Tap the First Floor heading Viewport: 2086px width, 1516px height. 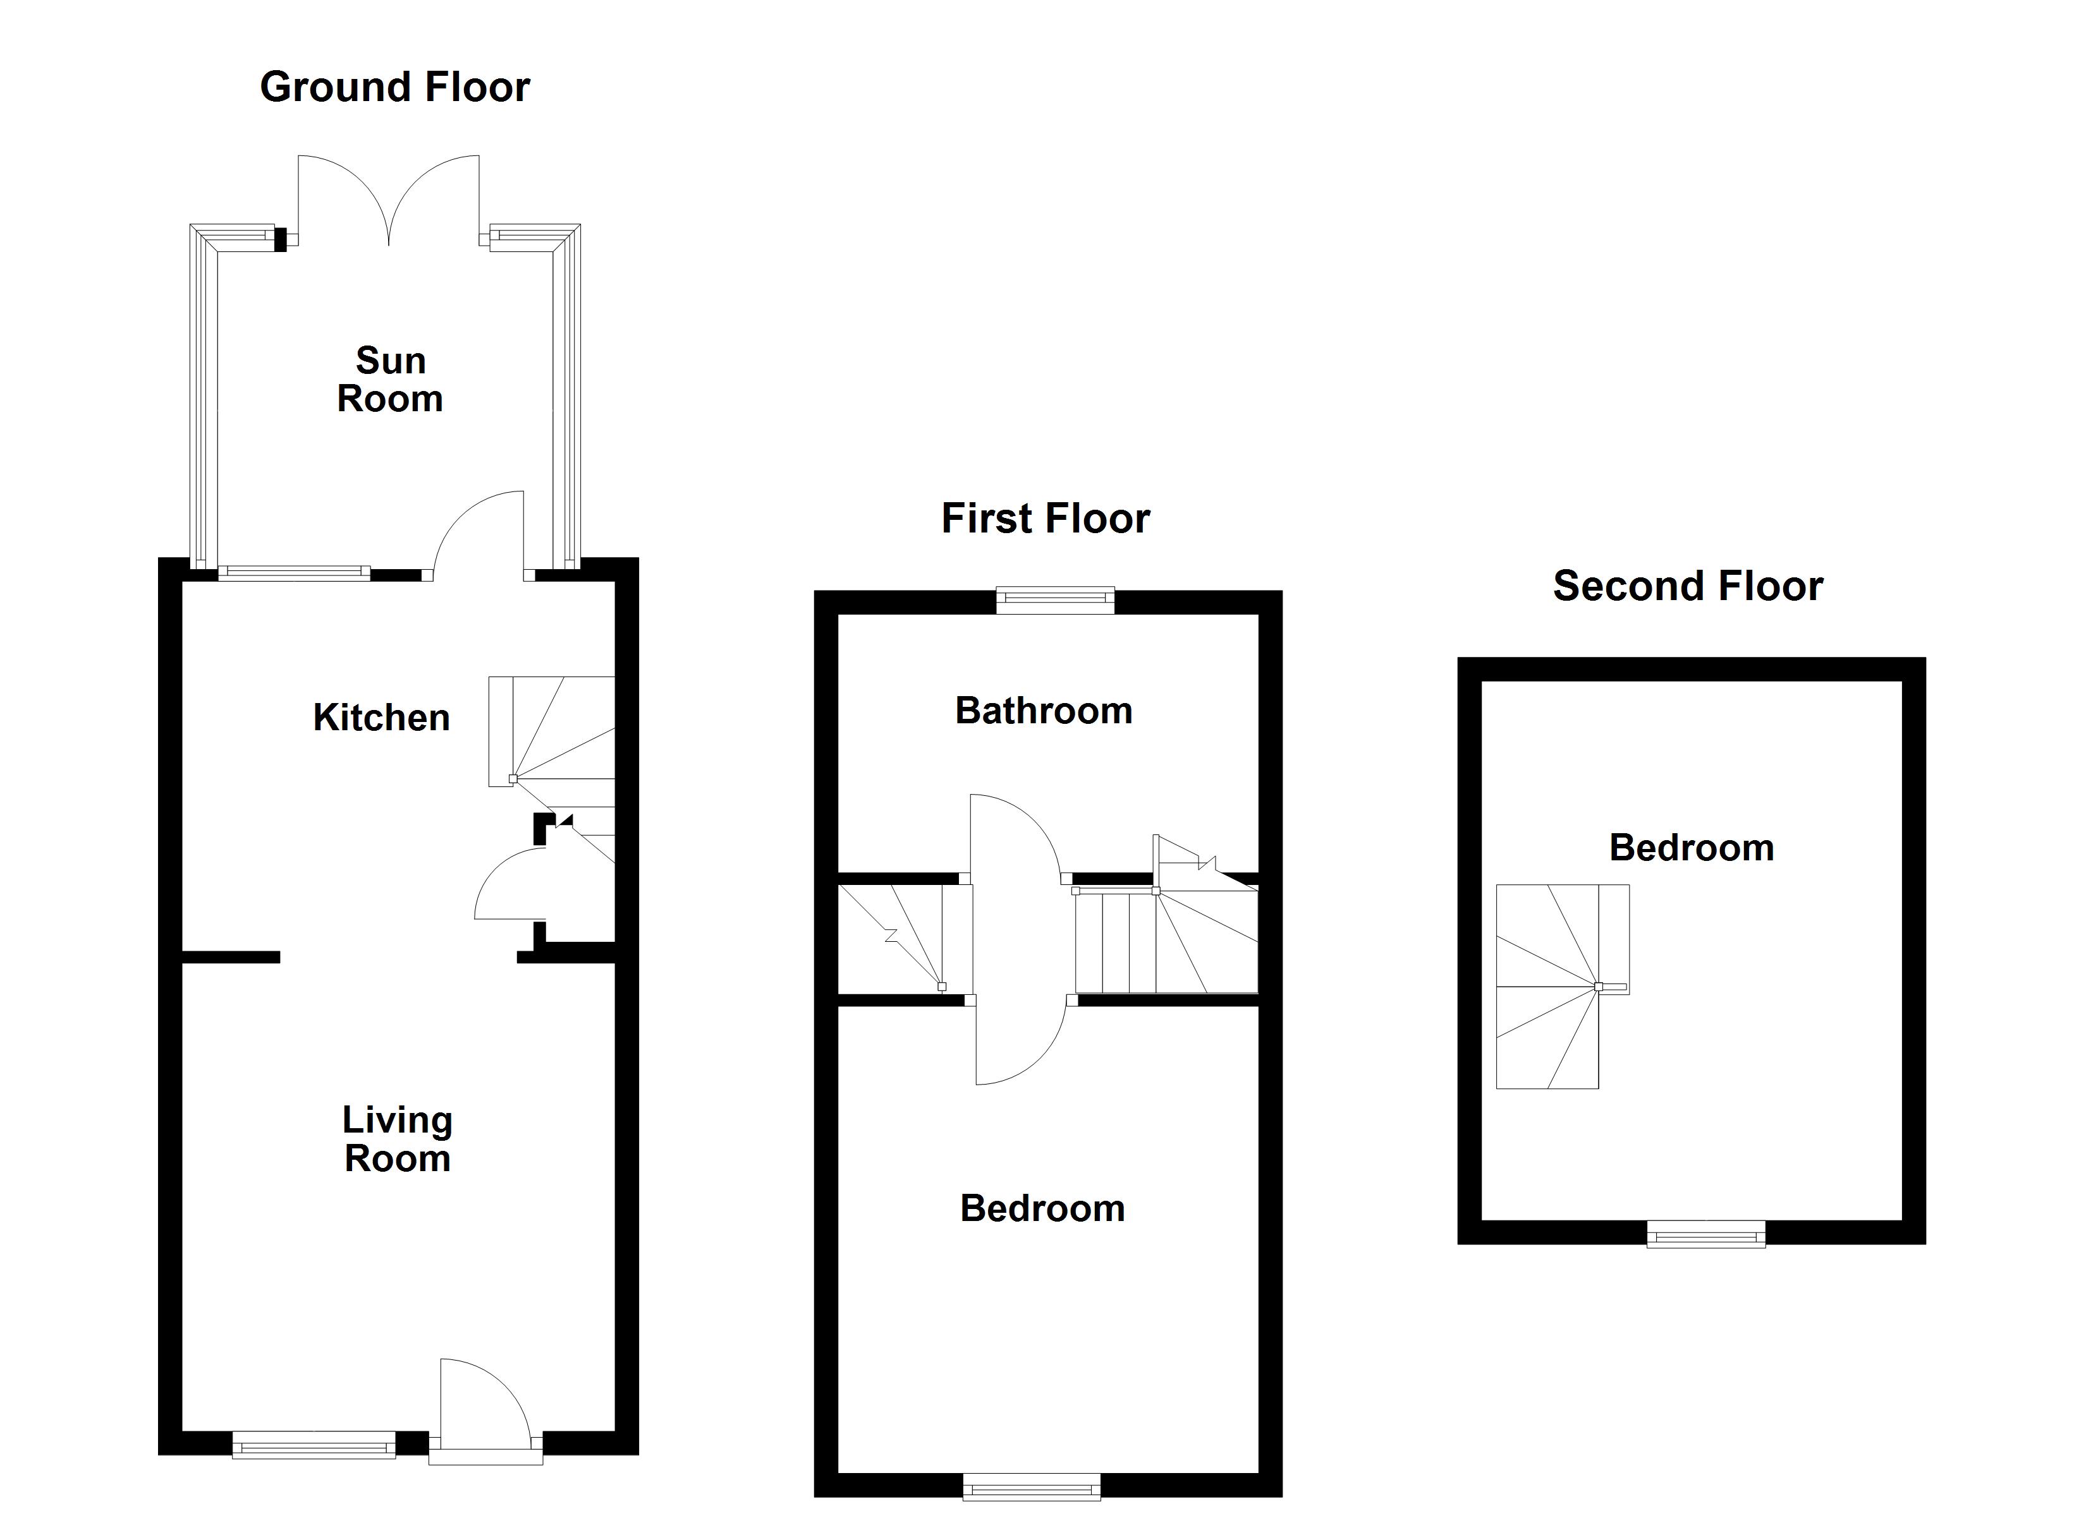click(1045, 519)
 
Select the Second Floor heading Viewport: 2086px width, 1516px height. click(1688, 587)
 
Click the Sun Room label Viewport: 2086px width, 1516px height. click(390, 380)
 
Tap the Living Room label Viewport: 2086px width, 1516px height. click(398, 1139)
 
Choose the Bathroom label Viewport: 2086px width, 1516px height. click(1043, 711)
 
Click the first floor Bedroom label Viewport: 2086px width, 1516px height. click(1042, 1208)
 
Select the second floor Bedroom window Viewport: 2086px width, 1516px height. click(1706, 1234)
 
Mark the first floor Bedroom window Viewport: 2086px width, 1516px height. click(1031, 1488)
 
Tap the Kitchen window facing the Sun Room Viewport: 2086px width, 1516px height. click(295, 573)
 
